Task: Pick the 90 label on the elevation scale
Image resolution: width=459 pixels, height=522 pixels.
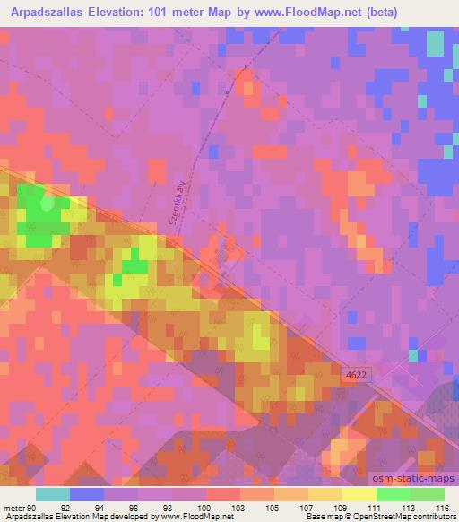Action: click(34, 508)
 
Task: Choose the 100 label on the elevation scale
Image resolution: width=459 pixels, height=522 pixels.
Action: click(205, 508)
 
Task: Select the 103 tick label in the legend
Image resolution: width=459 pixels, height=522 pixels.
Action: click(239, 508)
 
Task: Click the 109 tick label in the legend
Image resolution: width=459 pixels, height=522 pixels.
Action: click(342, 508)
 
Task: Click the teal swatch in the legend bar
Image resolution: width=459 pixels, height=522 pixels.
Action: click(52, 494)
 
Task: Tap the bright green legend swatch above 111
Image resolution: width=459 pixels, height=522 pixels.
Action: click(393, 494)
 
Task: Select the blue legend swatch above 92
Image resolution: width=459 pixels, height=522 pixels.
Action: click(86, 494)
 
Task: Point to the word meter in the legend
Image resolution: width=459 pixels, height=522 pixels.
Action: click(13, 508)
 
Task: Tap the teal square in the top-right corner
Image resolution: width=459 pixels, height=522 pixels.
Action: click(435, 43)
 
